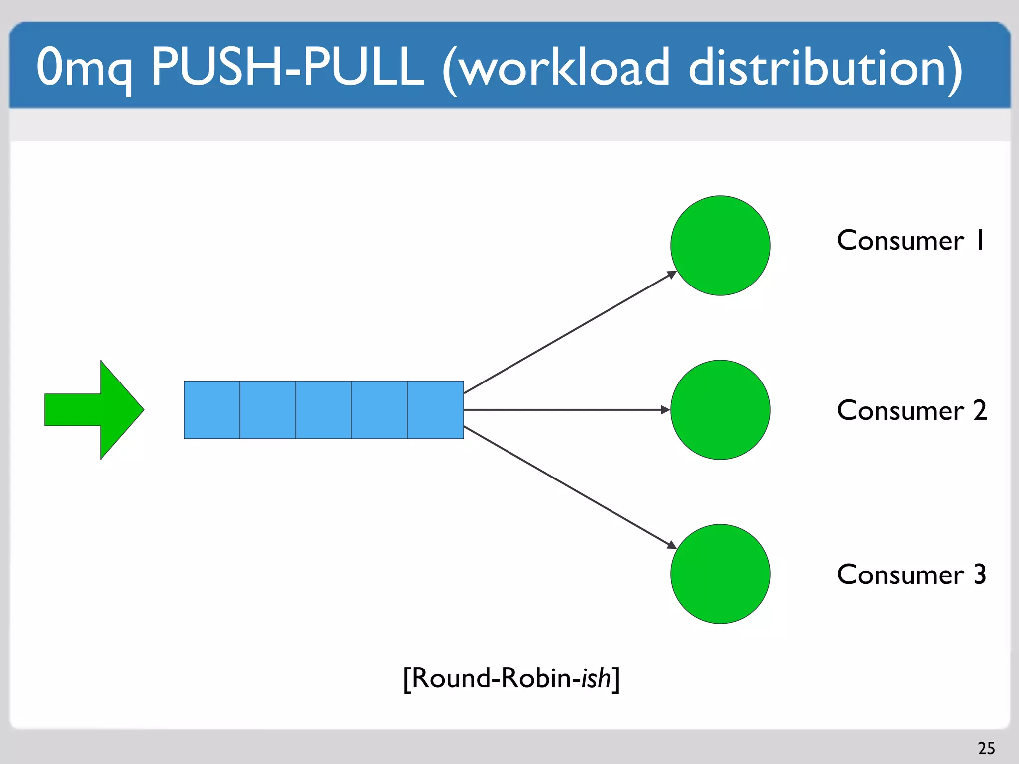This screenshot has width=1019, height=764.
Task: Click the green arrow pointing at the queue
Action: [95, 410]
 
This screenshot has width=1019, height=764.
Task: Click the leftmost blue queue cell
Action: [212, 410]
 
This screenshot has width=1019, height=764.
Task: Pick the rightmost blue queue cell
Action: [435, 410]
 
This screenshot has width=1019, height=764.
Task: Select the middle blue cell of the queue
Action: [323, 410]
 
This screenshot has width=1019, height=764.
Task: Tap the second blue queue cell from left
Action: [268, 410]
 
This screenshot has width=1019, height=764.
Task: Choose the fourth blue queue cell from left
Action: [379, 410]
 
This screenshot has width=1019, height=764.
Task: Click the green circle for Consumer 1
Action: [720, 246]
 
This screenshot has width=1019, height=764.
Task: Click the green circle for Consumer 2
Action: [720, 410]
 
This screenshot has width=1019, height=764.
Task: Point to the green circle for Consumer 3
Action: [720, 574]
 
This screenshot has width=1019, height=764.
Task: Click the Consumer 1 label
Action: [911, 241]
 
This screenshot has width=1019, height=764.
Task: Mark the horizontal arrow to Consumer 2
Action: [567, 410]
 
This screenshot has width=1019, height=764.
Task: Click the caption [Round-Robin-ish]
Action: [511, 678]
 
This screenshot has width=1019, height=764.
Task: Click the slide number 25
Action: [986, 748]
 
